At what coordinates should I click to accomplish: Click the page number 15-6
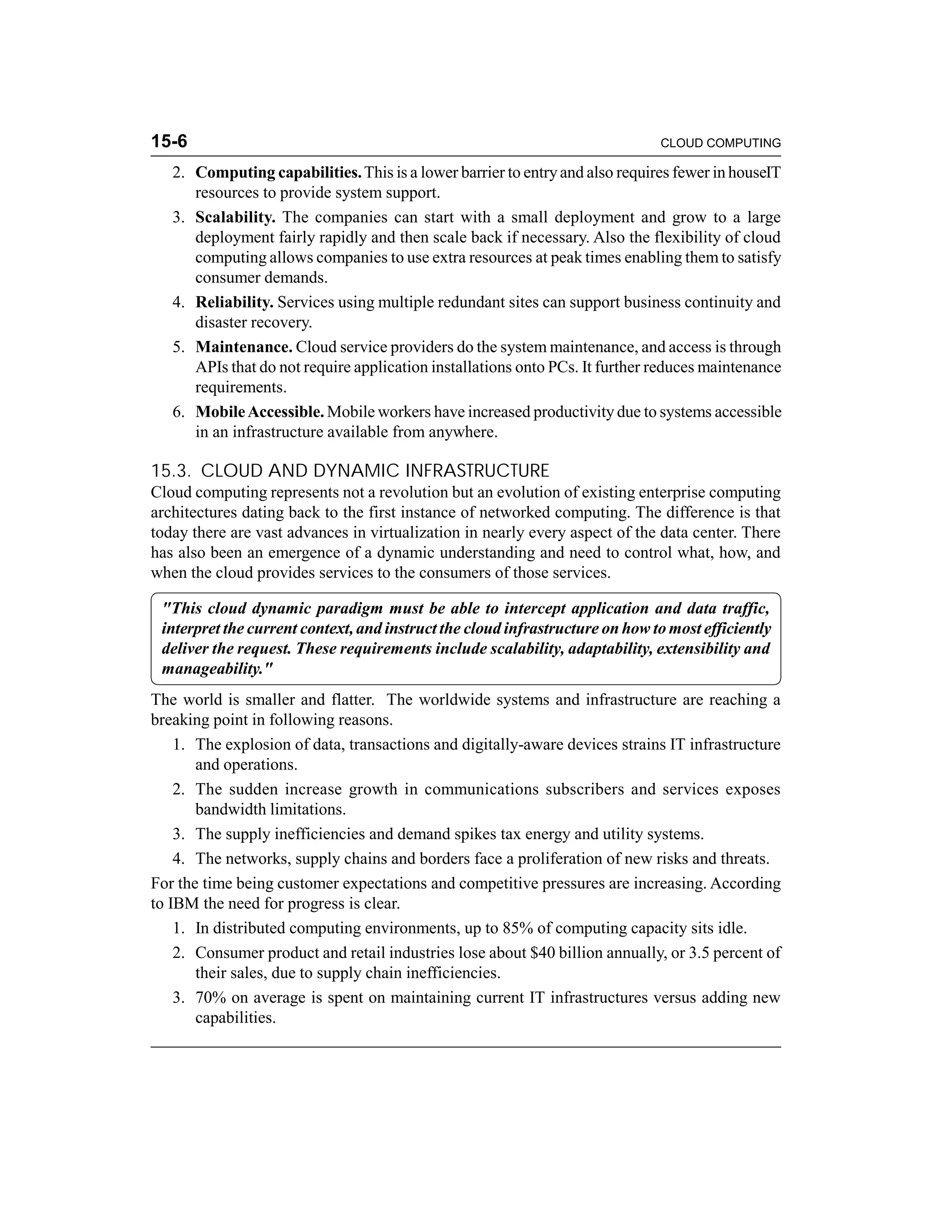(x=169, y=142)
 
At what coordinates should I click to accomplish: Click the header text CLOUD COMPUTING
(x=720, y=143)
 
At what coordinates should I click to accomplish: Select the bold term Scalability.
(x=235, y=217)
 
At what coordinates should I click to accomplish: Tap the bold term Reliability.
(x=234, y=302)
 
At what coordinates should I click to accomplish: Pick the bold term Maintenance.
(x=243, y=347)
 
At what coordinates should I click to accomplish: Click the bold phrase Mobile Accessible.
(x=259, y=411)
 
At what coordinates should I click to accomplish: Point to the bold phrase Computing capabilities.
(x=278, y=172)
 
